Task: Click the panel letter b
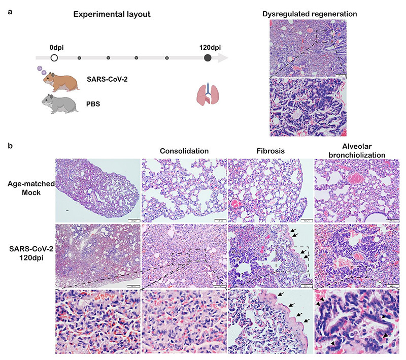click(x=11, y=145)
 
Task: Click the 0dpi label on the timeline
click(x=56, y=47)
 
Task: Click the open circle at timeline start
click(x=54, y=58)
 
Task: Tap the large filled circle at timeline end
click(x=208, y=58)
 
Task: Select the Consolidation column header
click(x=184, y=151)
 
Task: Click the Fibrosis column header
click(x=270, y=151)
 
